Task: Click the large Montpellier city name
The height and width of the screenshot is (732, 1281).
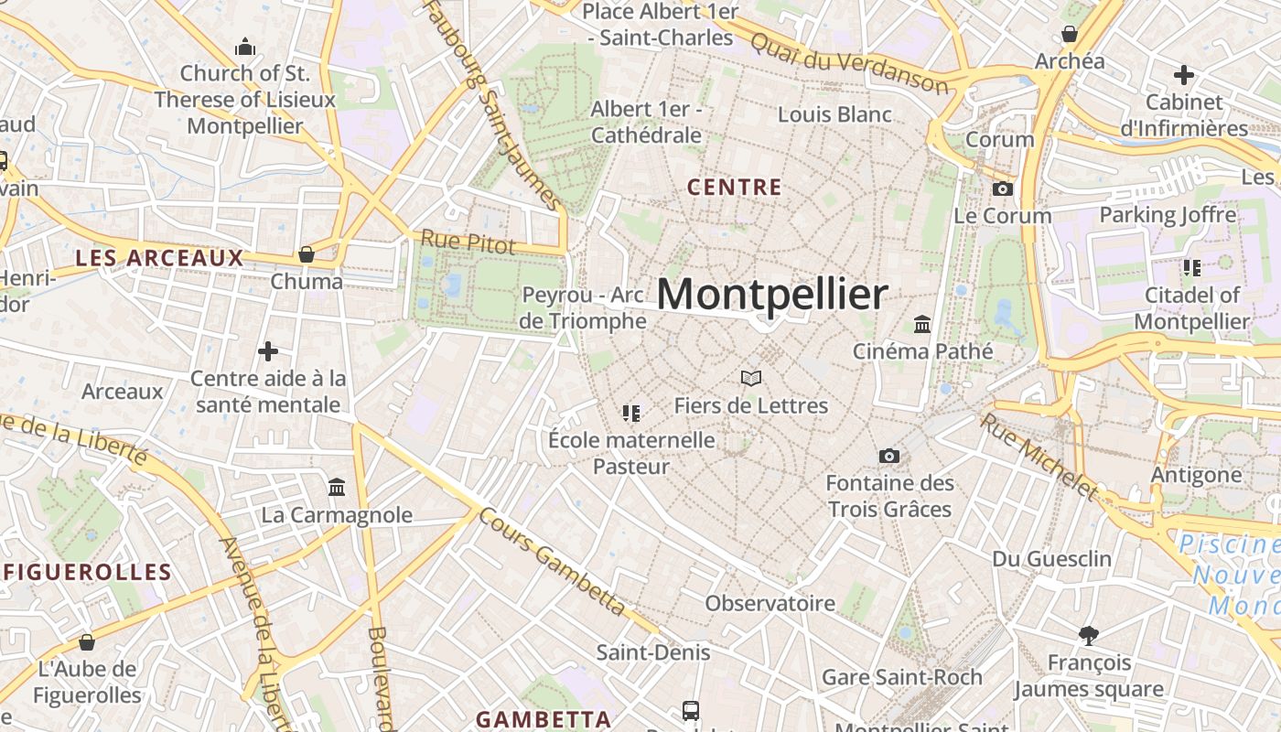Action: [772, 295]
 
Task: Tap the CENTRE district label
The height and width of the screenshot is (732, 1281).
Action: [734, 188]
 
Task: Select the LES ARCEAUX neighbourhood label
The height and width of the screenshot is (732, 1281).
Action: [159, 258]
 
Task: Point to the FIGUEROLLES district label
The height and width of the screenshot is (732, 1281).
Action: [88, 573]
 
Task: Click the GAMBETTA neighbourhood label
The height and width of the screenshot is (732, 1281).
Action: [544, 719]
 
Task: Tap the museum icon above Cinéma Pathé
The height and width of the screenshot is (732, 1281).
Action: [922, 325]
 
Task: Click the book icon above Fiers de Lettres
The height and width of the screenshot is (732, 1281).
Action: [751, 378]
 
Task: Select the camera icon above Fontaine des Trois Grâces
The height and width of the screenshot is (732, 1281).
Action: [888, 456]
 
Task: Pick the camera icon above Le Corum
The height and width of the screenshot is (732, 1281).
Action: [1003, 189]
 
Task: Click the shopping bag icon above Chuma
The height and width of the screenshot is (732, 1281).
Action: [307, 254]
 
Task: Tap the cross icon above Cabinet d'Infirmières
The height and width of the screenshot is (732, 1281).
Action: [1184, 75]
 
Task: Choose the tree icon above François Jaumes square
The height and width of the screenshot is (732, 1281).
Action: [1088, 635]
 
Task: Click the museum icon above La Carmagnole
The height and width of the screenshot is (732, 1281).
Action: [337, 487]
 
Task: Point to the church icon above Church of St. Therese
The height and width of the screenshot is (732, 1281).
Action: [244, 47]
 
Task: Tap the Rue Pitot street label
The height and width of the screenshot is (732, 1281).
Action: [468, 242]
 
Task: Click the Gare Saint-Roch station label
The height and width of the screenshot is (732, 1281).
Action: [901, 677]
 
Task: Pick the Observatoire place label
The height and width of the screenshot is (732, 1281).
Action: [770, 603]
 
